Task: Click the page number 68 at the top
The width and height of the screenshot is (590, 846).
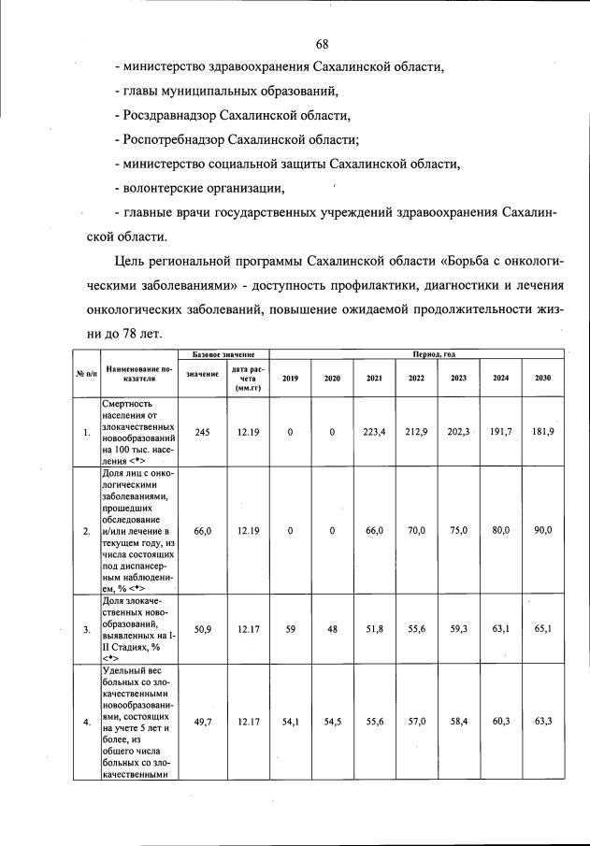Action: pyautogui.click(x=323, y=45)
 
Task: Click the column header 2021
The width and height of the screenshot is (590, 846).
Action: pyautogui.click(x=374, y=378)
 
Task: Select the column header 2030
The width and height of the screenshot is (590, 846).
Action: pyautogui.click(x=543, y=378)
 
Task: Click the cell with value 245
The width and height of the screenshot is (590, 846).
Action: pyautogui.click(x=202, y=432)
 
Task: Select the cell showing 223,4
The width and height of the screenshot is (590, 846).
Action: pyautogui.click(x=374, y=432)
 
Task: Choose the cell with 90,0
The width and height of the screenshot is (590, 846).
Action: pyautogui.click(x=543, y=530)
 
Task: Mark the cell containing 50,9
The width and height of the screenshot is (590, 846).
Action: pyautogui.click(x=202, y=629)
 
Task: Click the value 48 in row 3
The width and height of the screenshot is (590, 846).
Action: pyautogui.click(x=332, y=629)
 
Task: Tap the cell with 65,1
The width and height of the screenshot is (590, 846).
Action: pyautogui.click(x=543, y=629)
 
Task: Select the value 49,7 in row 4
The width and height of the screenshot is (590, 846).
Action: pyautogui.click(x=202, y=722)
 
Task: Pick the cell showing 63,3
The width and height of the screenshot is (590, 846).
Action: pyautogui.click(x=543, y=722)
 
